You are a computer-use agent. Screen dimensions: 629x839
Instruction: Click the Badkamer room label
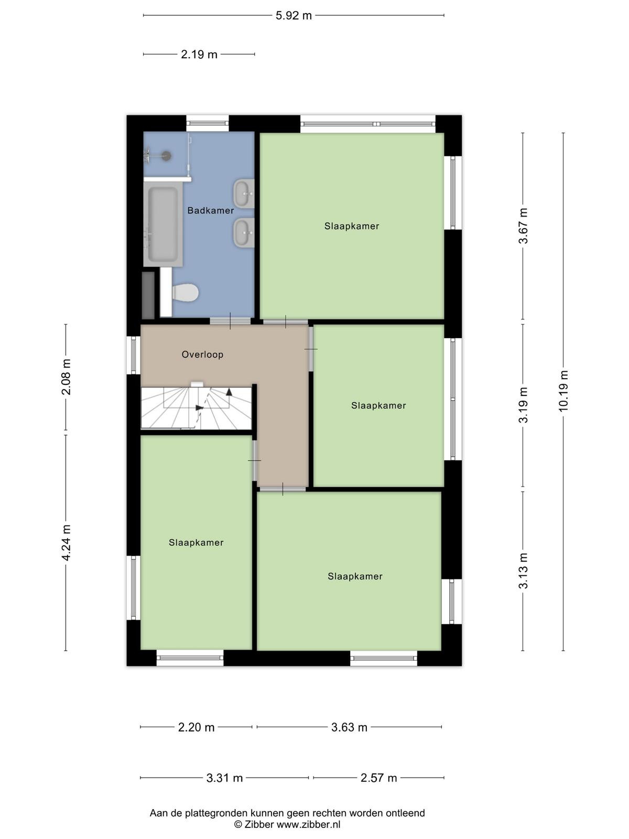coord(210,210)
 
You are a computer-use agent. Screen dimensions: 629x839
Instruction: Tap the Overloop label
coord(202,354)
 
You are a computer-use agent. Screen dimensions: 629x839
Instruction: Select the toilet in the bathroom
coord(185,293)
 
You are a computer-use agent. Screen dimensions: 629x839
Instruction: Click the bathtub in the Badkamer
coord(163,224)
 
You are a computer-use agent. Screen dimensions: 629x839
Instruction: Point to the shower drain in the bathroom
coord(166,156)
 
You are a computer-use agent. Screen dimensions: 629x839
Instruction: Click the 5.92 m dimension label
coord(294,16)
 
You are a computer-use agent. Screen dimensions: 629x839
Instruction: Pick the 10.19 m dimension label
coord(563,391)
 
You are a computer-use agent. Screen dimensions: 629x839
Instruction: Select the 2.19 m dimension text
coord(199,55)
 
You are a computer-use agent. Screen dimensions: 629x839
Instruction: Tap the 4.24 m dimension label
coord(67,543)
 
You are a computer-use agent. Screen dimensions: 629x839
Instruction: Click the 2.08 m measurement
coord(67,377)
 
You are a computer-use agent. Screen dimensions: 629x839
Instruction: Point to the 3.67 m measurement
coord(523,226)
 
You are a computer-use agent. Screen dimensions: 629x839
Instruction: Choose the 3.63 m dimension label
coord(349,727)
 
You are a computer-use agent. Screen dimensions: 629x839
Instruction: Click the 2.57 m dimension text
coord(379,778)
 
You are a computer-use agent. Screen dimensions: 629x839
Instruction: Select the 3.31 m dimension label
coord(224,778)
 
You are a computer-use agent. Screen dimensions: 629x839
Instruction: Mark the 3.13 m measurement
coord(523,571)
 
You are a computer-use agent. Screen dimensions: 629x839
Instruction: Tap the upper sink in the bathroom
coord(244,193)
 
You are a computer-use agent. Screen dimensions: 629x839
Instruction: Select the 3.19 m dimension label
coord(523,405)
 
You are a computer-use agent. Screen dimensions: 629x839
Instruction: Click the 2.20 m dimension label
coord(196,727)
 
